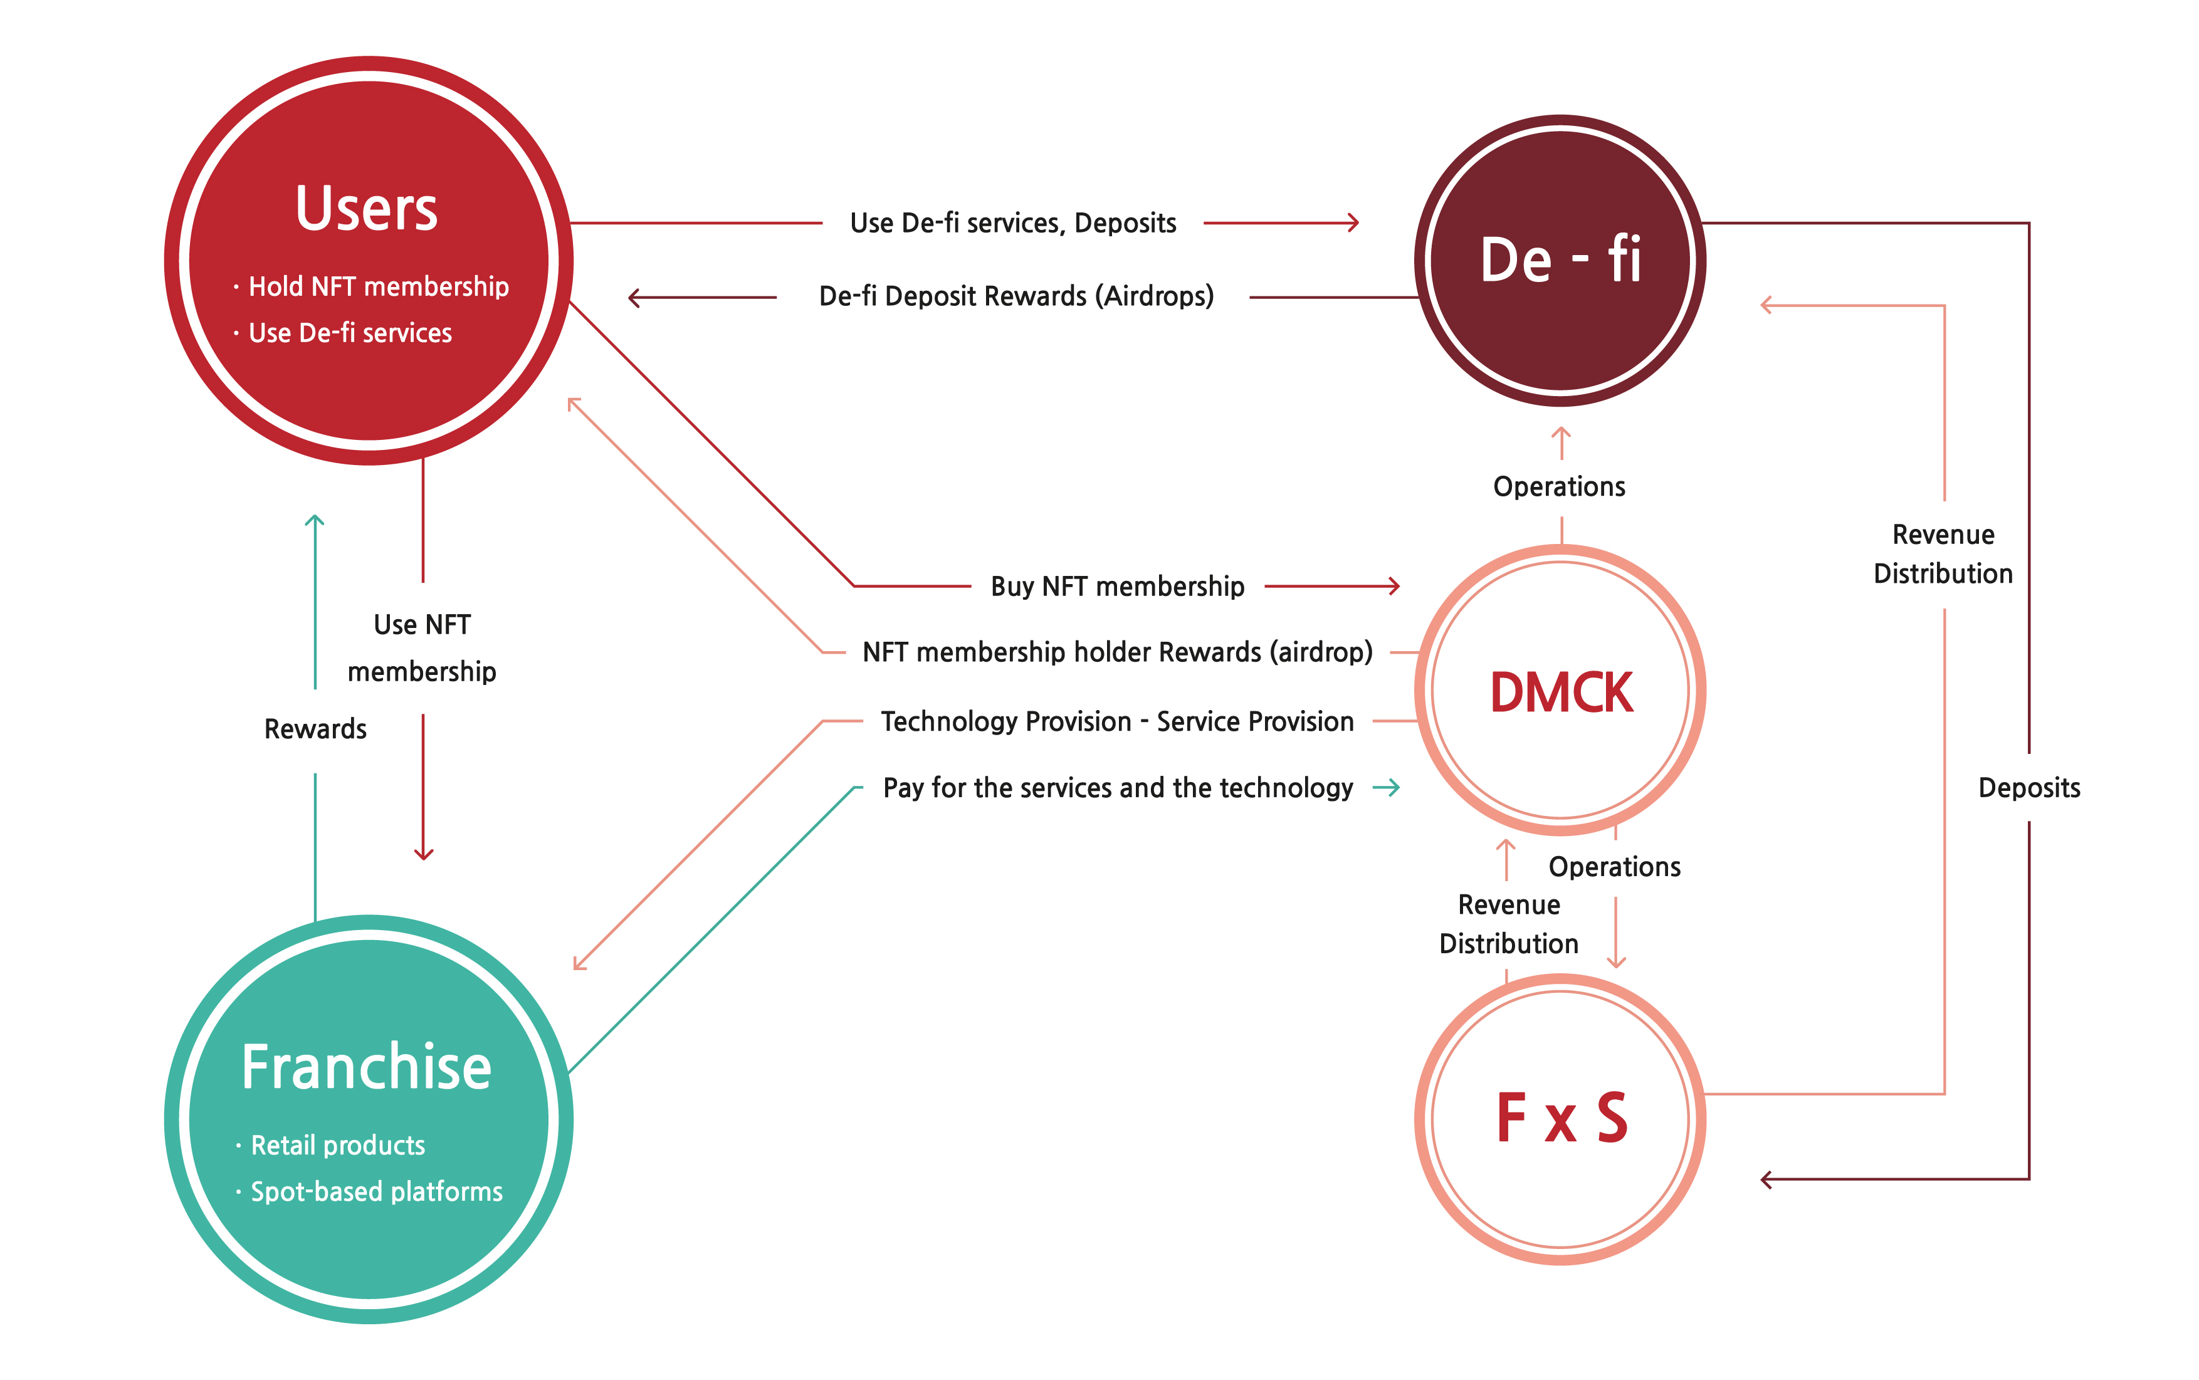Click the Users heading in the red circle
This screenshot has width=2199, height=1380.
pos(366,209)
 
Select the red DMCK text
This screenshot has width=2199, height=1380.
pos(1560,692)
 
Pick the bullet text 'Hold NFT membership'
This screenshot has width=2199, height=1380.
pos(378,286)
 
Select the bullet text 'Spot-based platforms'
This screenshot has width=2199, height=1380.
pos(376,1191)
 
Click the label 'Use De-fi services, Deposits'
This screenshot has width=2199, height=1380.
pos(1012,222)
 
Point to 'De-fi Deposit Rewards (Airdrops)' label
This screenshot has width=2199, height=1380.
pos(1016,296)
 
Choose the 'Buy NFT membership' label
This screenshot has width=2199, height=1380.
pos(1116,586)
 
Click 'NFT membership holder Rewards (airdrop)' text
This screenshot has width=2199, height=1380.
pos(1116,652)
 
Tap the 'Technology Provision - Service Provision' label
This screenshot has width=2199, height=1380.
pos(1116,721)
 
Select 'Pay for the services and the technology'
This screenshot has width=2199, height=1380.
pos(1116,788)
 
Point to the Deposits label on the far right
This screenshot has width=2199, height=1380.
pos(2028,788)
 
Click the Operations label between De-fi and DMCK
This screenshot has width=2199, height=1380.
pos(1558,486)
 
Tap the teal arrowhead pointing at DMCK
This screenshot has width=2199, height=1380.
pos(1394,788)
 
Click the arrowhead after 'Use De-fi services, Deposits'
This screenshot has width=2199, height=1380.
pos(1354,222)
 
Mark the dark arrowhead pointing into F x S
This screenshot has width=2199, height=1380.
pos(1766,1179)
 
